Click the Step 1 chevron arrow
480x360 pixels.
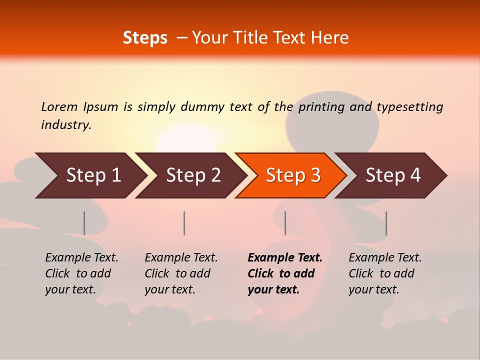tap(90, 175)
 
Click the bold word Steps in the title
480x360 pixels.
tap(145, 38)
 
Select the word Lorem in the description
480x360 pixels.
tap(59, 106)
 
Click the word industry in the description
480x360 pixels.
tap(65, 125)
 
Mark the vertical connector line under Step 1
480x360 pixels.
tap(84, 223)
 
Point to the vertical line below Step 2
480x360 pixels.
tap(184, 223)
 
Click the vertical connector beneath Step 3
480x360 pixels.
tap(285, 223)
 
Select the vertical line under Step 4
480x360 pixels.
tap(386, 223)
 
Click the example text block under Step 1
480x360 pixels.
tap(81, 273)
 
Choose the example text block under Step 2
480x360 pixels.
tap(181, 273)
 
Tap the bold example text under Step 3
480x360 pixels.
tap(285, 273)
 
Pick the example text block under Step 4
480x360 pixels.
tap(385, 273)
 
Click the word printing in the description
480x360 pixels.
tap(321, 106)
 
